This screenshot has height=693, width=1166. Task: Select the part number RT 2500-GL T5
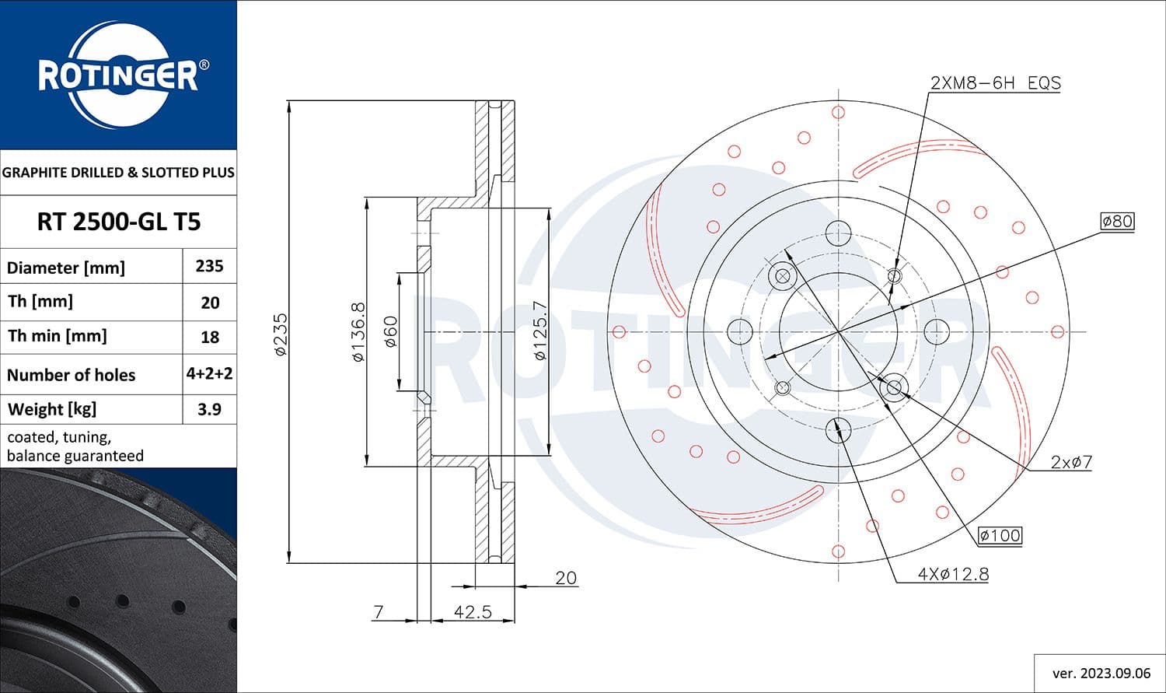(x=119, y=222)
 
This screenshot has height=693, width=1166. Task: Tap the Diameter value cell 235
(x=209, y=266)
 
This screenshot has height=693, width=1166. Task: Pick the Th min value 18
(x=209, y=337)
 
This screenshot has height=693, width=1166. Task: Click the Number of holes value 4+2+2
(x=209, y=373)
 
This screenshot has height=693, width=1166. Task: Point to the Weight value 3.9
(x=209, y=409)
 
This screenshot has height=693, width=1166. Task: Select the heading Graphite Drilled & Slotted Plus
(x=118, y=173)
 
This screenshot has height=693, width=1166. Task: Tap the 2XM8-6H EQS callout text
(x=995, y=82)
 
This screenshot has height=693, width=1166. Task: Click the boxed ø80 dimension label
(x=1117, y=221)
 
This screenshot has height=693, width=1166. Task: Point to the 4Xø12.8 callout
(x=953, y=574)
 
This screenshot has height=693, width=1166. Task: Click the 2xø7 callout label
(x=1071, y=462)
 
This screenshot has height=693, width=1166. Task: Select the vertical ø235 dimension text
(x=281, y=334)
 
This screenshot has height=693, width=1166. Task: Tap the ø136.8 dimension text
(x=358, y=332)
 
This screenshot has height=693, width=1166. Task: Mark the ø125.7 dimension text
(x=541, y=331)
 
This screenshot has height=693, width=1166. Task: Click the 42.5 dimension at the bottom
(x=473, y=612)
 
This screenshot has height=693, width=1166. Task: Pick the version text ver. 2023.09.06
(x=1100, y=673)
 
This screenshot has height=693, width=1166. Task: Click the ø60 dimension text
(x=390, y=332)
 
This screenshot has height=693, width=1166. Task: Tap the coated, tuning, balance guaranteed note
(x=75, y=446)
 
